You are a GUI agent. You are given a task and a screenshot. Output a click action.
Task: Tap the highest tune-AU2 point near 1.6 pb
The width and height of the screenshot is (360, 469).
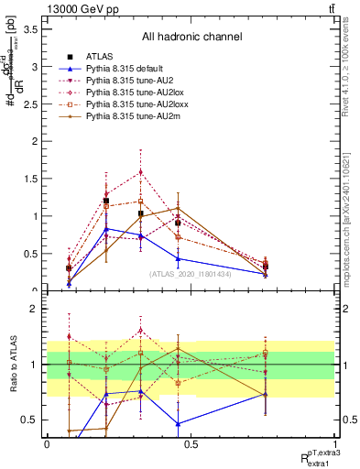tap(140, 171)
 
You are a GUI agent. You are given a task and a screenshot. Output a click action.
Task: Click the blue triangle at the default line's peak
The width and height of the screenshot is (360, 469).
tap(106, 229)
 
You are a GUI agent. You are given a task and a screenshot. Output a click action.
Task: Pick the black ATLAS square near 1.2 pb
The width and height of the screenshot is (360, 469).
tap(106, 201)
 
